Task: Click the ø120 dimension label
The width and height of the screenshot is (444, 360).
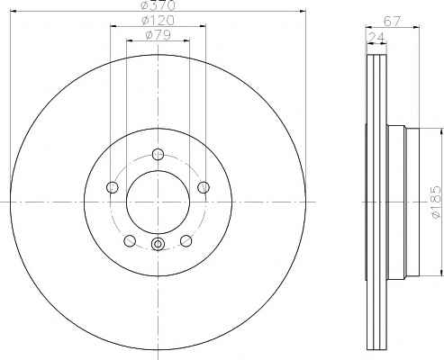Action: (158, 21)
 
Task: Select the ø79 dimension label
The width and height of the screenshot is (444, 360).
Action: (158, 35)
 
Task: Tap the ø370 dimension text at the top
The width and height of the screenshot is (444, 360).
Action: (158, 4)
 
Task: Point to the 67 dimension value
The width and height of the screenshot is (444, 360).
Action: (392, 22)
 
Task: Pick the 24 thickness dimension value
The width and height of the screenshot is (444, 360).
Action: (376, 37)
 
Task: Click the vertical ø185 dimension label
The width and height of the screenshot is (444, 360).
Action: (436, 203)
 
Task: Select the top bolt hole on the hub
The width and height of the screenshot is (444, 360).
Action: (158, 154)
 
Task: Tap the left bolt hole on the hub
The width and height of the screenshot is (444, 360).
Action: (113, 187)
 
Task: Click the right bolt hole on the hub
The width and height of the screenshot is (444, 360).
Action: (204, 187)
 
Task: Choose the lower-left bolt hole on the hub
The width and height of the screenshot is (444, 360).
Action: (130, 240)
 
